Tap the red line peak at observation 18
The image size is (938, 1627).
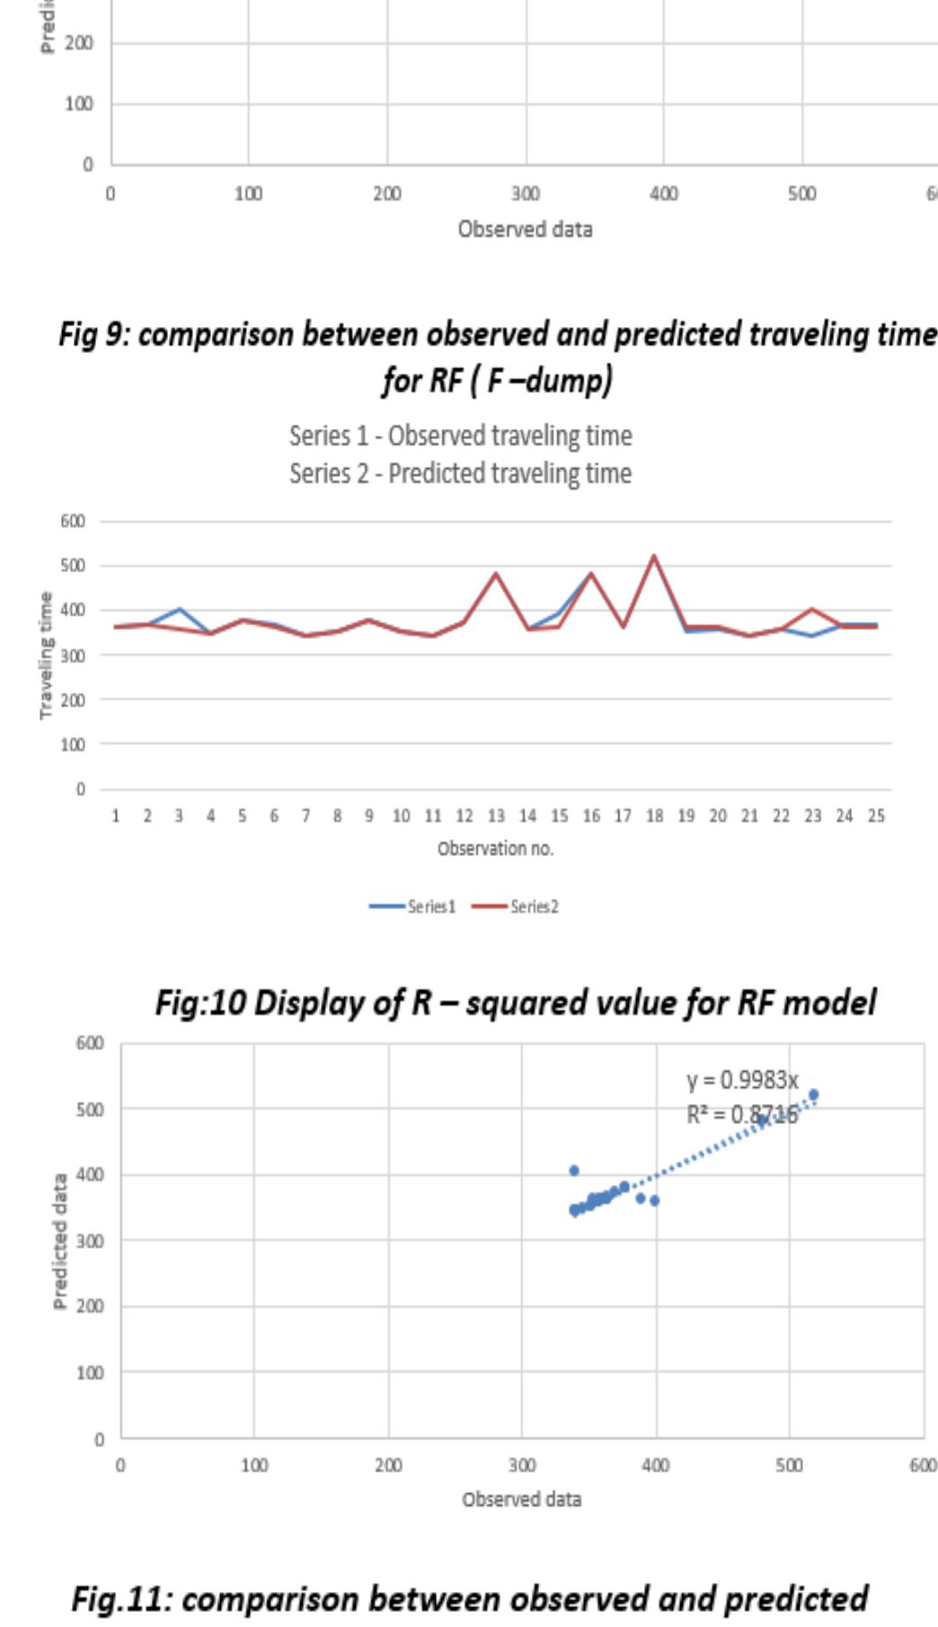point(653,556)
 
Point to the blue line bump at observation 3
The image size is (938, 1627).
point(180,609)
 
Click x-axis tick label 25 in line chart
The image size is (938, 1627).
point(876,816)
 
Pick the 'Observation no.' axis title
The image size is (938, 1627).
point(495,848)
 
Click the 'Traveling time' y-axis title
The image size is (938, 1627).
point(44,655)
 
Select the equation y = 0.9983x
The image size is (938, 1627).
point(742,1079)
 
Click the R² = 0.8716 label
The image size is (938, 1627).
point(742,1115)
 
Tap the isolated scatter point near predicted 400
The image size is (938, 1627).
point(574,1171)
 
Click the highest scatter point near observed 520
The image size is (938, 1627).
point(814,1094)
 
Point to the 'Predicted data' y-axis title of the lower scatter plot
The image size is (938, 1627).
point(59,1241)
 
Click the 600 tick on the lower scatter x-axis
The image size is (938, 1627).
point(923,1465)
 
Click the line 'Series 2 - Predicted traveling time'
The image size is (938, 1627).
point(460,473)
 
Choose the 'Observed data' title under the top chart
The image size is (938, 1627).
point(525,229)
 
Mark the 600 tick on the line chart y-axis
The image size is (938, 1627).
point(73,521)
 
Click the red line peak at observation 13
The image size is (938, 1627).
point(496,572)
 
